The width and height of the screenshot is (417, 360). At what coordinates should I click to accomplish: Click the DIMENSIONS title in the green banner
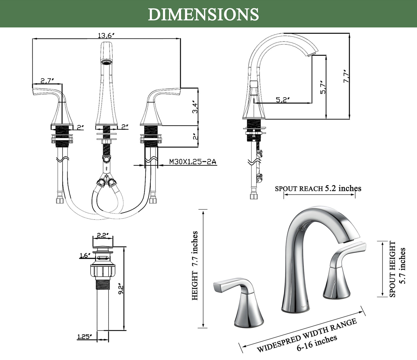[203, 14]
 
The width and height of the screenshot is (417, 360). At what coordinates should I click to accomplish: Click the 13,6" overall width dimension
[106, 35]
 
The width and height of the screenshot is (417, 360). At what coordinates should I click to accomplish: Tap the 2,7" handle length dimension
[47, 81]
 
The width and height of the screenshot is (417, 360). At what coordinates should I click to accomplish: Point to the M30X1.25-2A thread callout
[192, 162]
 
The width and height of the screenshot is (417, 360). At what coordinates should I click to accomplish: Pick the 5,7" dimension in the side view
[323, 87]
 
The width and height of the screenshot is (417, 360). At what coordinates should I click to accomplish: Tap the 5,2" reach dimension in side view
[283, 100]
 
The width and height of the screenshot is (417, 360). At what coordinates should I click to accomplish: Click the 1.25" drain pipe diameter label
[85, 336]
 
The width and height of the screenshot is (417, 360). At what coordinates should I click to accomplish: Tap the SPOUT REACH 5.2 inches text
[318, 189]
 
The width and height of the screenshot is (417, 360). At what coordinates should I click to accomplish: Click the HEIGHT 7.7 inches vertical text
[195, 265]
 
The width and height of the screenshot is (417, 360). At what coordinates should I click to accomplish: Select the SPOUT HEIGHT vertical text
[393, 269]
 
